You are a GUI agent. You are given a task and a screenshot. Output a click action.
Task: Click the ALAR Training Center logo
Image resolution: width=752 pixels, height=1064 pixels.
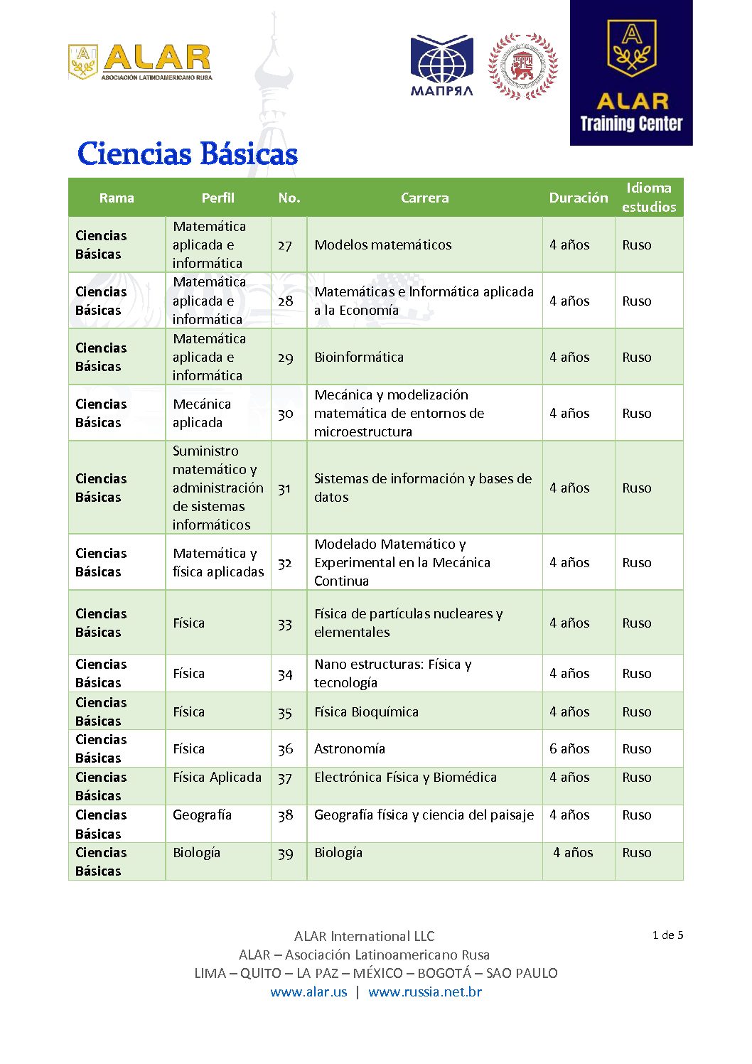(630, 73)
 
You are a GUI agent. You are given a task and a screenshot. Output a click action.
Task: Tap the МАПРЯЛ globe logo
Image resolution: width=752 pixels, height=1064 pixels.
(441, 65)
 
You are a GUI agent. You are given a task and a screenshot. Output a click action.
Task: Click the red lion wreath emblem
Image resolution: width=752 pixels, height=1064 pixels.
(522, 66)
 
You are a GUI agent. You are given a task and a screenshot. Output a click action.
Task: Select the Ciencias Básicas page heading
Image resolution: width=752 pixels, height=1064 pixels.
(187, 154)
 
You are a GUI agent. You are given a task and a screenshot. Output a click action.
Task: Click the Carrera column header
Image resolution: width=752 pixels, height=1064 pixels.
(424, 198)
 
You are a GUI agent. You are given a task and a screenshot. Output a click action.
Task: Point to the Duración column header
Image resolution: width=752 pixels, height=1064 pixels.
(578, 198)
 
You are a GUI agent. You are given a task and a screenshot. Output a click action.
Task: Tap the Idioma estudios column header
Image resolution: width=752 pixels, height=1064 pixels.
(648, 197)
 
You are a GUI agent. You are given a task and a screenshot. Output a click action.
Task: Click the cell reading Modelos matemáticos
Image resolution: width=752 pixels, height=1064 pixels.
(383, 244)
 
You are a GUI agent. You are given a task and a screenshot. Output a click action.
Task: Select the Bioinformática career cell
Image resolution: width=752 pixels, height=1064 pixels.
(359, 357)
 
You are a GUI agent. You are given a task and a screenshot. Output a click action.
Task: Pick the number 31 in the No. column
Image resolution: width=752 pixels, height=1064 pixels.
(284, 488)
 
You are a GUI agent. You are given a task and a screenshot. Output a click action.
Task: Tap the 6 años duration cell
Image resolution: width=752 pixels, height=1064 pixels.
(569, 748)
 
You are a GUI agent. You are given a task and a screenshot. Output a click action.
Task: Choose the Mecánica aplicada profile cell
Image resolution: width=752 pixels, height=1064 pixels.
(202, 413)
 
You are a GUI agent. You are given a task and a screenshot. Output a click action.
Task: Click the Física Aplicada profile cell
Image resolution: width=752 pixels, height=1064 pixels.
(217, 778)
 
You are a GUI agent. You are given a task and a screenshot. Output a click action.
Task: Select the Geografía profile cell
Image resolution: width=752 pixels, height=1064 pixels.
(202, 815)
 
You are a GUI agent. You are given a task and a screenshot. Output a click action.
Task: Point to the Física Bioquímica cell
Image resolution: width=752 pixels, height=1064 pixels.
(366, 711)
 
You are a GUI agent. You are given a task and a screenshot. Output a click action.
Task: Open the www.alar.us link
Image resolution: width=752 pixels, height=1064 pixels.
(308, 992)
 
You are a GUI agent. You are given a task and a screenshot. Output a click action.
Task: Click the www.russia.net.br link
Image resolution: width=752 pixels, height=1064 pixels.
(424, 992)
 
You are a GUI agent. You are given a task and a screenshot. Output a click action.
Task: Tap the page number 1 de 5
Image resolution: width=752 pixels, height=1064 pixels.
(667, 935)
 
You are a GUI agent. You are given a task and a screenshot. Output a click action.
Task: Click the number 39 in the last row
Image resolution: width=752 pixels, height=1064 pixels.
(285, 853)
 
